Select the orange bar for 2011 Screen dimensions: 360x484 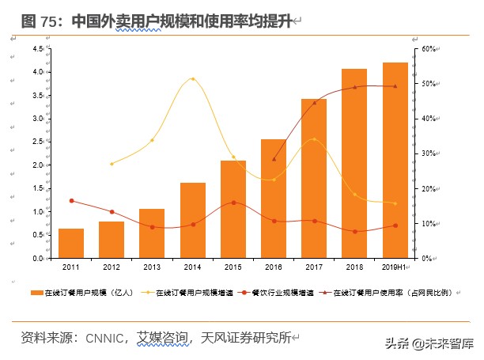point(71,244)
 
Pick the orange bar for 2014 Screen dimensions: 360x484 point(193,221)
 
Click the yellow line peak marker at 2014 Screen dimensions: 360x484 point(193,79)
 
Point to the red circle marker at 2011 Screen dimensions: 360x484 point(71,201)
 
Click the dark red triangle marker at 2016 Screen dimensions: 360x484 point(274,159)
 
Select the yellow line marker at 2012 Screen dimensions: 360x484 point(112,164)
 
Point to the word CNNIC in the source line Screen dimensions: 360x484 point(103,338)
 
